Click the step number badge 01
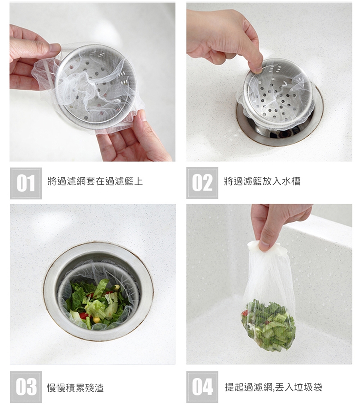[26, 183]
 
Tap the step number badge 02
[202, 183]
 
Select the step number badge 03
[26, 387]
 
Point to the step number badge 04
[202, 387]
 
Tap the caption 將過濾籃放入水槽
[262, 181]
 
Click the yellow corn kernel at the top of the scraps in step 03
[117, 288]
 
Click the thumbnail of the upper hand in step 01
[55, 48]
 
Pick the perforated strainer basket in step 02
[276, 95]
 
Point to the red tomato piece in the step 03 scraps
[83, 315]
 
